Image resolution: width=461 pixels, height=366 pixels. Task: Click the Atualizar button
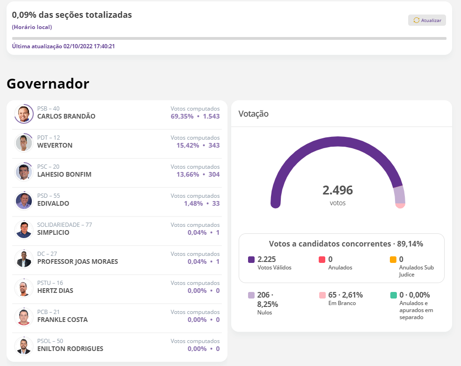(427, 20)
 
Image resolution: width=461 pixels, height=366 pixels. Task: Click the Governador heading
(48, 83)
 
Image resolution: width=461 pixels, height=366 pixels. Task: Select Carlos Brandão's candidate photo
(23, 113)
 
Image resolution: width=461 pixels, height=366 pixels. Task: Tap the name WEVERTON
(55, 145)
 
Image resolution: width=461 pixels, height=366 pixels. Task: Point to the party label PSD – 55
(49, 195)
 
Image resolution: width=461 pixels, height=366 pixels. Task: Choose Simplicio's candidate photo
(23, 230)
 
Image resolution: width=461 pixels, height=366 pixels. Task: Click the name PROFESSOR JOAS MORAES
(77, 261)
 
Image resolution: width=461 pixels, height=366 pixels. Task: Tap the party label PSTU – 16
(50, 283)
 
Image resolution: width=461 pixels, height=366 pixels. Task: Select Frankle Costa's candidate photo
(23, 317)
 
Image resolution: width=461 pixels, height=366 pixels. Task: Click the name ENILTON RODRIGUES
(70, 349)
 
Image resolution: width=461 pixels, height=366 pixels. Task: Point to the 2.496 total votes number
(337, 190)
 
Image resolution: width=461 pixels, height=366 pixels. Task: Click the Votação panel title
(253, 113)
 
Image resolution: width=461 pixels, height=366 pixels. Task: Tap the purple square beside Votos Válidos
(251, 260)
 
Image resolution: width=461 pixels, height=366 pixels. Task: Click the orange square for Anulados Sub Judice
(393, 260)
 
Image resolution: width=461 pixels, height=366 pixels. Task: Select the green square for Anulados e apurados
(393, 295)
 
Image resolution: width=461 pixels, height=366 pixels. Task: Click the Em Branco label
(342, 303)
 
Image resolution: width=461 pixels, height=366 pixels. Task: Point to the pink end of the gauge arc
(400, 205)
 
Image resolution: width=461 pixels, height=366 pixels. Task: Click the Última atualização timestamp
(63, 46)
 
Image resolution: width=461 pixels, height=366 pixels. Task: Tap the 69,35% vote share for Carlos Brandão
(182, 116)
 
